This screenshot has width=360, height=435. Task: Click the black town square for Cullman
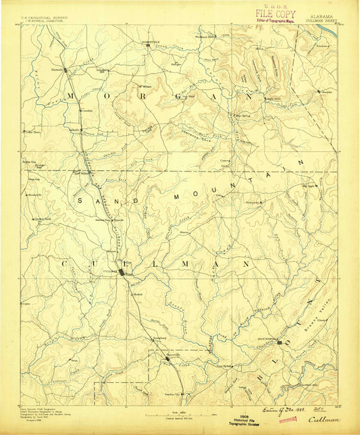point(122,273)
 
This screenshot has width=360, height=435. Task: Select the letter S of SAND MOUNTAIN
point(81,201)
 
